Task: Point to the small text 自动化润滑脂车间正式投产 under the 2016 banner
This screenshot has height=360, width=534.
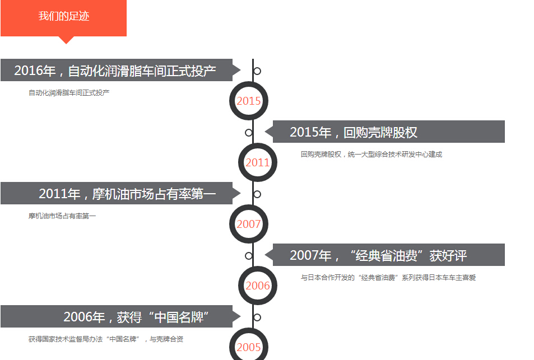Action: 69,93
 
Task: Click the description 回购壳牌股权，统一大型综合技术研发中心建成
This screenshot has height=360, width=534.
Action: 371,155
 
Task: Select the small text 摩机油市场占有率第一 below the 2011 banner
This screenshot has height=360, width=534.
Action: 62,216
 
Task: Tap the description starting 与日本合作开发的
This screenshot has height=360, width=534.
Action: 388,278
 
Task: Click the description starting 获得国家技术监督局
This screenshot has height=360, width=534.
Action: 105,339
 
